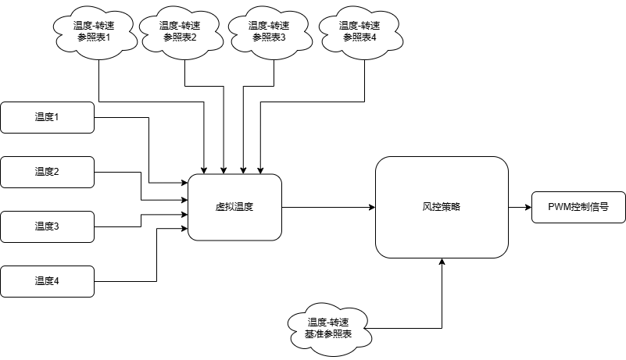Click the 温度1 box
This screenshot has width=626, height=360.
tap(47, 117)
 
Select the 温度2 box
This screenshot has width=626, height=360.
tap(47, 172)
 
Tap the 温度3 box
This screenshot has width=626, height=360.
tap(47, 226)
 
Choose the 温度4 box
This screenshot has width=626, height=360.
tap(47, 281)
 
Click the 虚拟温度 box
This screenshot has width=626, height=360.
tap(234, 207)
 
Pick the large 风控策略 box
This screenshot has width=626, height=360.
tap(442, 207)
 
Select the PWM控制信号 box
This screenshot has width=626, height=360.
tap(578, 207)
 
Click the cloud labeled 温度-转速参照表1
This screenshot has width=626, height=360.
tap(93, 31)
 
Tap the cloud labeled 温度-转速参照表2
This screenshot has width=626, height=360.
tap(180, 31)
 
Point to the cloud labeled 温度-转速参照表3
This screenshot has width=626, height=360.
tap(269, 31)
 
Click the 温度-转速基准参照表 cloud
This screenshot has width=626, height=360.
tap(327, 329)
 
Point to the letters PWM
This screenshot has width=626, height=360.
tap(560, 208)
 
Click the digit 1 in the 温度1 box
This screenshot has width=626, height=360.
tap(56, 117)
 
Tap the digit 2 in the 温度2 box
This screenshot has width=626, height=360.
tap(56, 172)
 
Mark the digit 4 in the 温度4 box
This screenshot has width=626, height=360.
tap(56, 281)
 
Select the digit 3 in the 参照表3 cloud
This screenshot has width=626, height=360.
tap(283, 37)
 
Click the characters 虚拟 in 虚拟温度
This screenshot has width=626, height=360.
tap(225, 208)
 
